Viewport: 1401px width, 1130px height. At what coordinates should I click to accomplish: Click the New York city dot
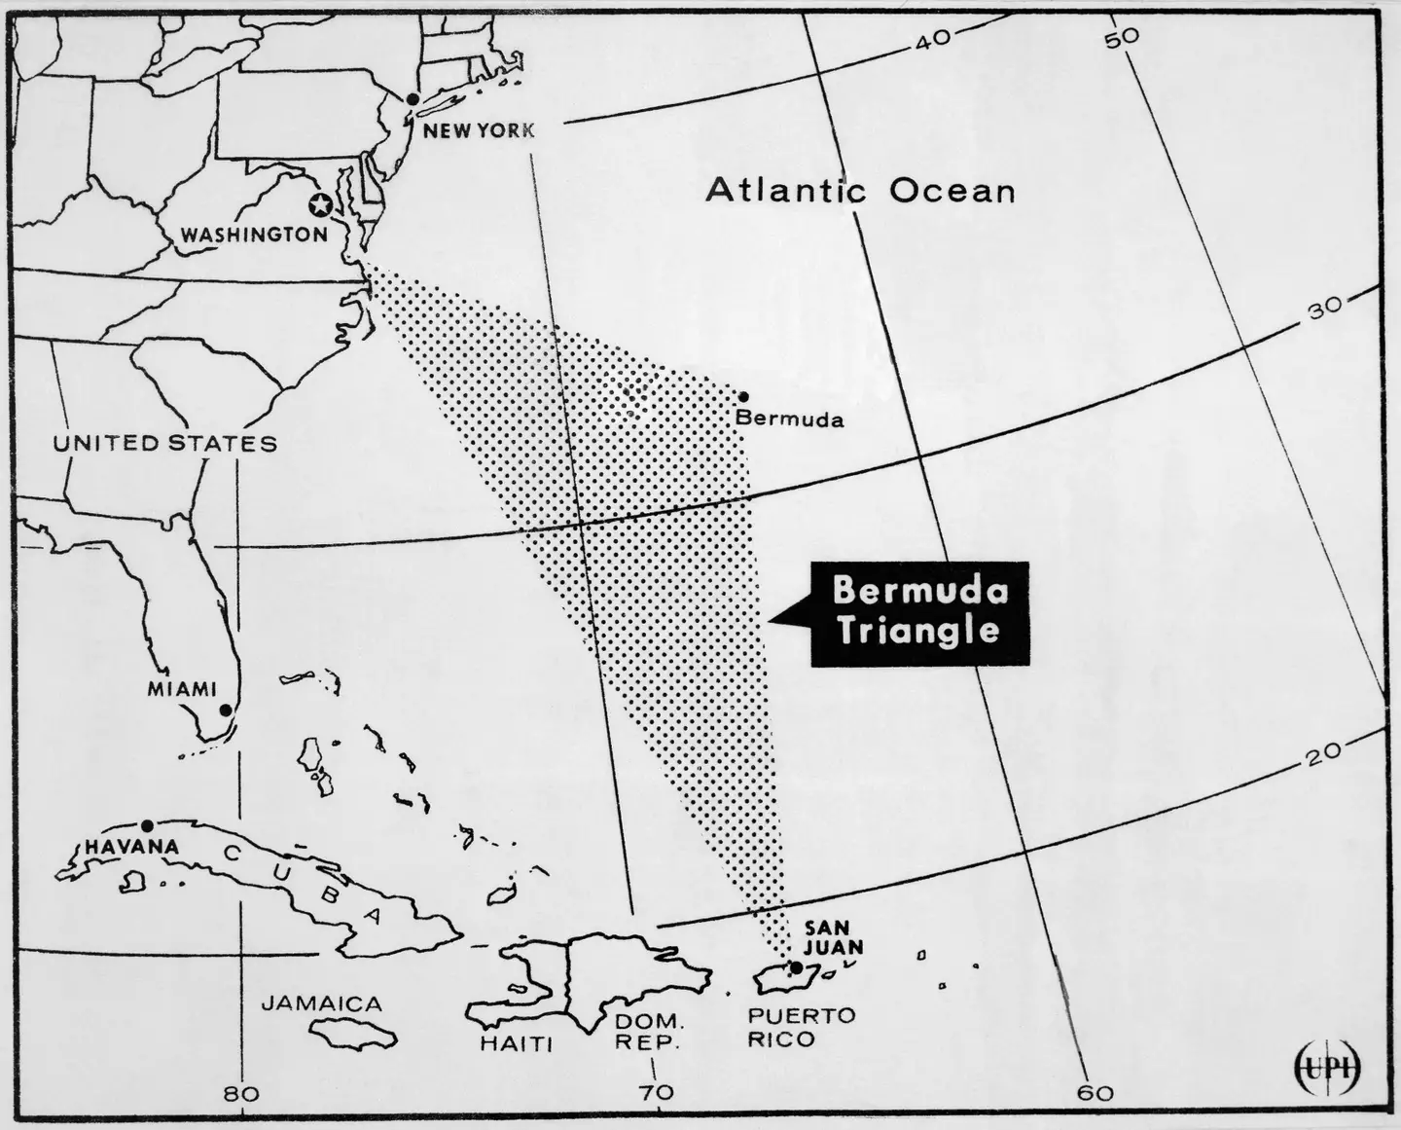click(413, 99)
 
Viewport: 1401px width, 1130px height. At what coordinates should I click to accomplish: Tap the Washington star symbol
click(318, 204)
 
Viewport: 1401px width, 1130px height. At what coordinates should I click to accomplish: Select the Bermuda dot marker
click(743, 396)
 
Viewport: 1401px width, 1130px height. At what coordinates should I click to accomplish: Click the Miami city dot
click(225, 710)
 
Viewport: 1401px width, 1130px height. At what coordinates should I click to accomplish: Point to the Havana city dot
click(147, 825)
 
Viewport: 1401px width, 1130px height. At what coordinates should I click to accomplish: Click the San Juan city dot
click(797, 966)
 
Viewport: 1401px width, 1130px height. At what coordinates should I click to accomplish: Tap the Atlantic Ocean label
click(860, 190)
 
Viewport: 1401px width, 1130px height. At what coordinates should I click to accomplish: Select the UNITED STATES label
click(164, 444)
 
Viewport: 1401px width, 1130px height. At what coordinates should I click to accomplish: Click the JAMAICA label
click(321, 1003)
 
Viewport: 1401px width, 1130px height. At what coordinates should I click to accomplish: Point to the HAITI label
click(516, 1044)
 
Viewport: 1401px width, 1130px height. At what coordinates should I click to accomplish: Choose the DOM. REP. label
click(649, 1033)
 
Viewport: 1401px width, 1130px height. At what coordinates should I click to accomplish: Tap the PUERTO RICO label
click(788, 1027)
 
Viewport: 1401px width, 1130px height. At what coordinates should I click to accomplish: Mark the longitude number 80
click(240, 1093)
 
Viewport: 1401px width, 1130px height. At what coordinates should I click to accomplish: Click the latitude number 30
click(1323, 308)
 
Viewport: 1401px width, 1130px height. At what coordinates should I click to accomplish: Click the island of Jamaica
click(354, 1032)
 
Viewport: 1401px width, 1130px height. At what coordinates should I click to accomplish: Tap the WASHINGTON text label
click(254, 235)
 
